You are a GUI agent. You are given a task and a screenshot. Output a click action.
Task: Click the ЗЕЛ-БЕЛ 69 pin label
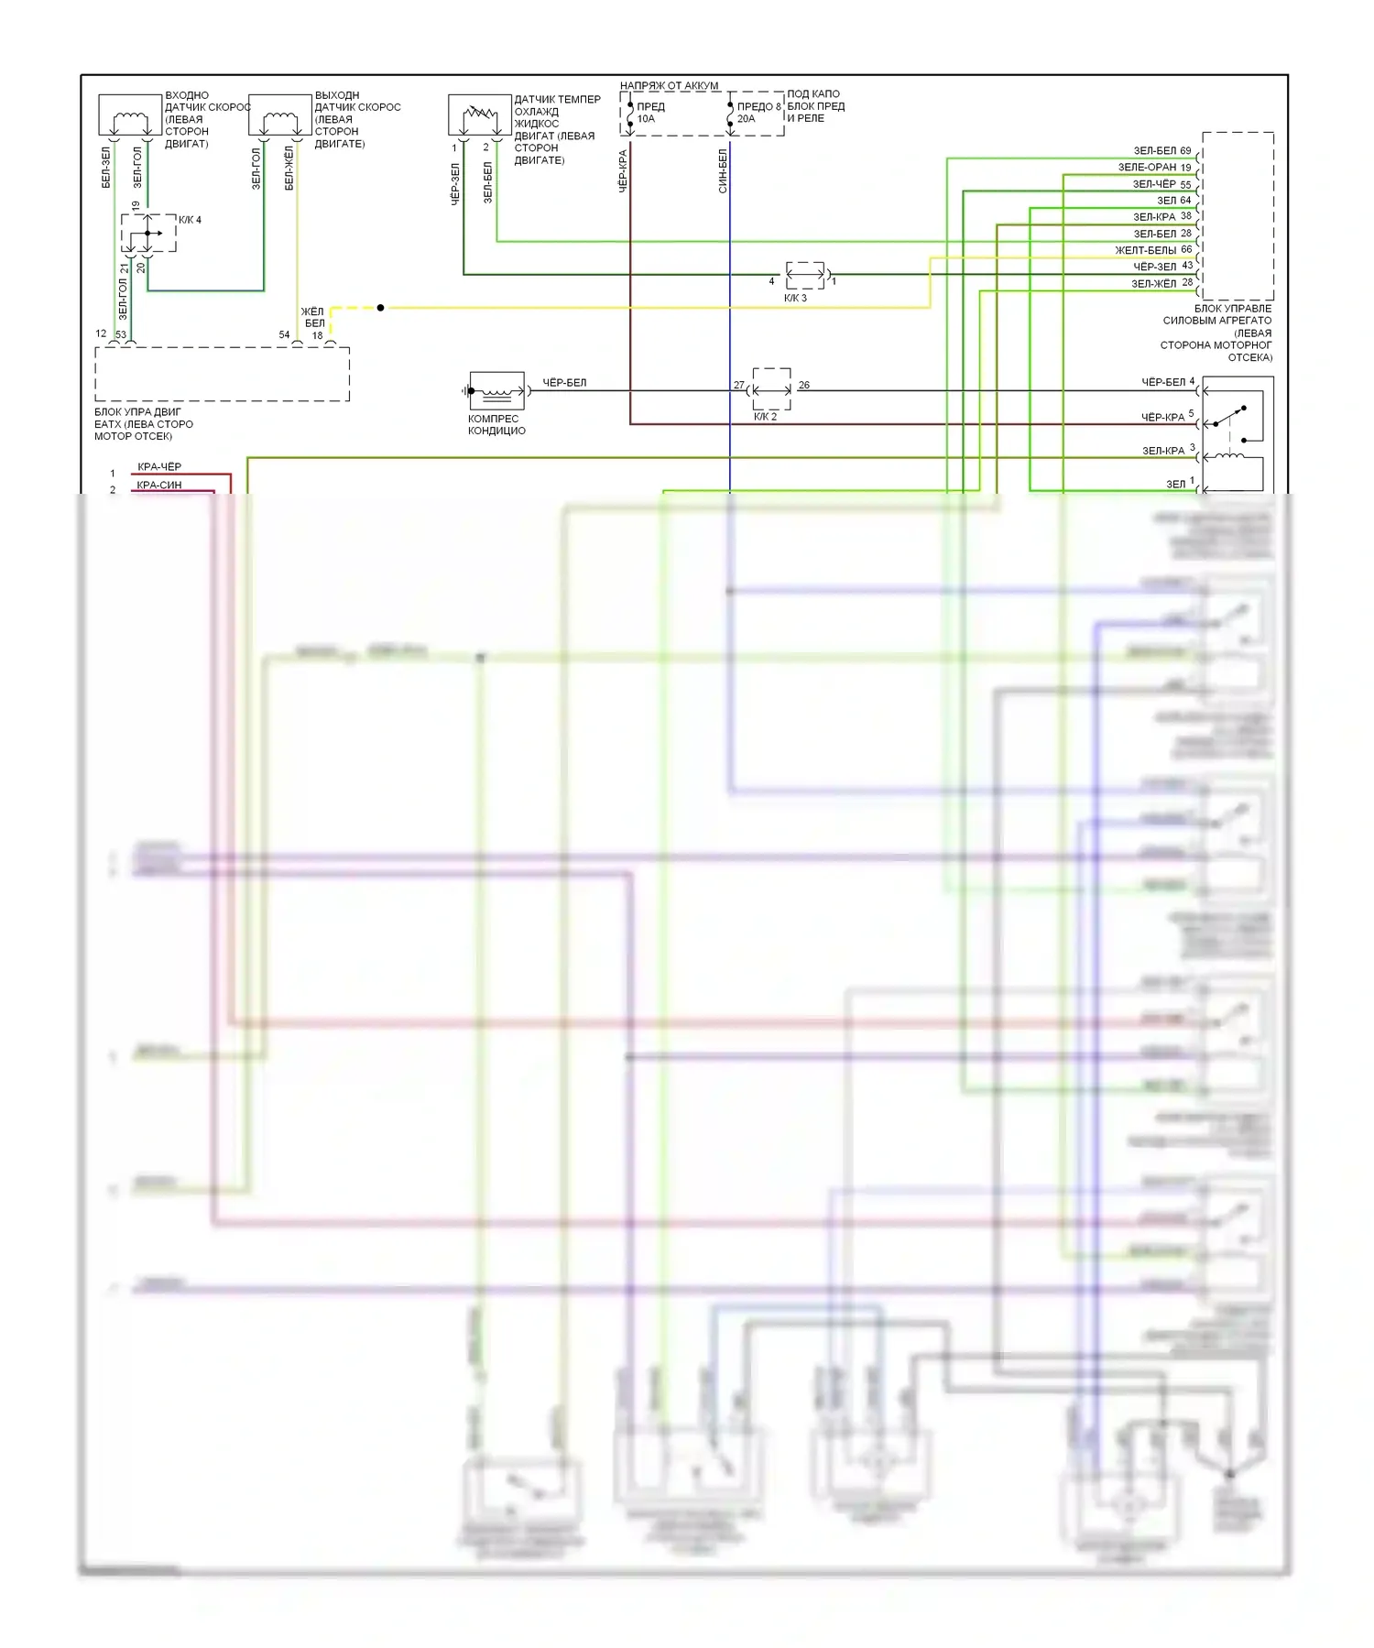click(x=1161, y=151)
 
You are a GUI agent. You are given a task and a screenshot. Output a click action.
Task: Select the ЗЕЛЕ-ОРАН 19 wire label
click(x=1153, y=168)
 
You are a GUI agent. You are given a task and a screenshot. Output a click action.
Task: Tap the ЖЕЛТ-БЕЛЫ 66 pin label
click(x=1152, y=250)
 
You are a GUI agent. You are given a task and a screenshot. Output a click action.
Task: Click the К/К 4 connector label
click(x=190, y=220)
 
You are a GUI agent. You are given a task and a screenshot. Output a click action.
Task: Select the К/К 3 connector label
click(x=795, y=298)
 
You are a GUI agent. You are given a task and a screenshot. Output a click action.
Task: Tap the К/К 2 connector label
click(x=765, y=417)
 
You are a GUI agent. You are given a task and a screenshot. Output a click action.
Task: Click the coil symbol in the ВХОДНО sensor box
click(x=130, y=119)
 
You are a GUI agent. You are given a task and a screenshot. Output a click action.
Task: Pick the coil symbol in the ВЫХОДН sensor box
click(x=280, y=119)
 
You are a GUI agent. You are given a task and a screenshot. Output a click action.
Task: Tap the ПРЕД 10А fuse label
click(x=649, y=113)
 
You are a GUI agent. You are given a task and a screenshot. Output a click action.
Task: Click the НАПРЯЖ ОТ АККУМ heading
click(x=669, y=86)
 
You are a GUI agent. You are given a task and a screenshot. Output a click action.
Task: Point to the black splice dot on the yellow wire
click(x=380, y=308)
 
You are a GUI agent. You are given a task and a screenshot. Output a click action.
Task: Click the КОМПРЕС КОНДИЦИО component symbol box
click(x=496, y=390)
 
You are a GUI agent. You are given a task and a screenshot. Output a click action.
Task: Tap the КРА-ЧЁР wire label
click(x=159, y=467)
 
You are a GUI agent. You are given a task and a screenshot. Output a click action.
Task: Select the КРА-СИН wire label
click(x=159, y=486)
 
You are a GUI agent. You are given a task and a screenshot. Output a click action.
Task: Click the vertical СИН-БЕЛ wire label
click(x=723, y=171)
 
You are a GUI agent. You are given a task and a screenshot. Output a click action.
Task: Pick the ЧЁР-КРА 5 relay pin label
click(x=1167, y=417)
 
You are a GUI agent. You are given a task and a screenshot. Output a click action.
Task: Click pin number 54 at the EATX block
click(x=284, y=335)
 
